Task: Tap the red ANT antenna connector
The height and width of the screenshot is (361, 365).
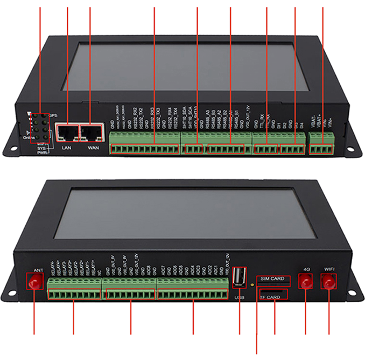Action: [36, 282]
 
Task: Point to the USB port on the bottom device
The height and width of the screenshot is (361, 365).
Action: [239, 276]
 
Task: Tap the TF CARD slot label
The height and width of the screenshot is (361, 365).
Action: [271, 297]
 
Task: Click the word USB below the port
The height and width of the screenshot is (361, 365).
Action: [240, 297]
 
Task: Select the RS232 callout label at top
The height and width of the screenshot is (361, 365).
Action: [154, 4]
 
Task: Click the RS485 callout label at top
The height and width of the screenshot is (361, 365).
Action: [230, 4]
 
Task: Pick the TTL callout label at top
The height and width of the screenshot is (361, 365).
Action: [266, 4]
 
